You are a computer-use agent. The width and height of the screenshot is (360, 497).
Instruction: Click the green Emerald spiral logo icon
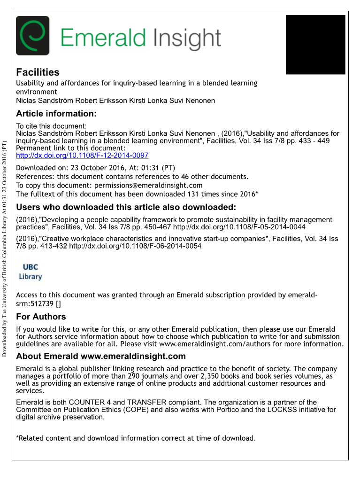32,36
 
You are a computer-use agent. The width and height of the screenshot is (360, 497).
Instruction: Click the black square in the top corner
315,45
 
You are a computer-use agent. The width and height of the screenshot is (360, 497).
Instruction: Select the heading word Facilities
38,72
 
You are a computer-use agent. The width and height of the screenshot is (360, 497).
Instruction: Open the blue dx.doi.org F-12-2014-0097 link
82,155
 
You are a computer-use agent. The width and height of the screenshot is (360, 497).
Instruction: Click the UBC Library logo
31,272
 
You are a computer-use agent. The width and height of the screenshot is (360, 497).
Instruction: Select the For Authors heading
41,317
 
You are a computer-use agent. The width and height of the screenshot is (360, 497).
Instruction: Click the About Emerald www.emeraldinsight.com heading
101,356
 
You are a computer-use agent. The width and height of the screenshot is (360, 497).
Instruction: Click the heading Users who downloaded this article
126,207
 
